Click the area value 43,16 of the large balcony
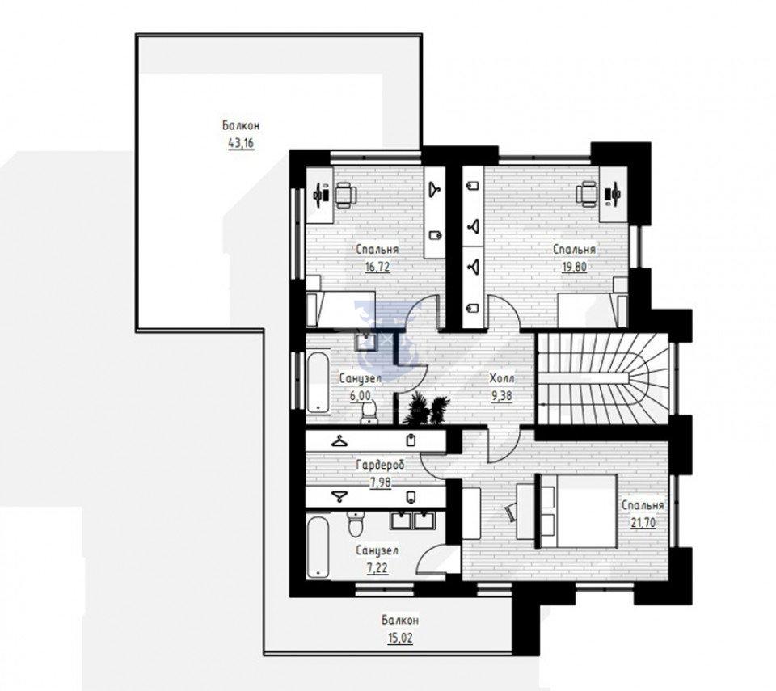(x=241, y=144)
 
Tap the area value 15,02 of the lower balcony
(x=400, y=638)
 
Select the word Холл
(x=502, y=378)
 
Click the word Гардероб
(x=380, y=464)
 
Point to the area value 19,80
(x=574, y=268)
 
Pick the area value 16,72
(x=377, y=268)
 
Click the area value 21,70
(x=643, y=523)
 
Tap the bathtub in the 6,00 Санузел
(x=318, y=381)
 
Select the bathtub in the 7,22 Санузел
(x=318, y=547)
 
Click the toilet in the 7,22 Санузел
(x=356, y=525)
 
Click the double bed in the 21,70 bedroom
(x=576, y=511)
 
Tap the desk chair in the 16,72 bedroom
(x=345, y=194)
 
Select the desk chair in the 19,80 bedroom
(x=588, y=193)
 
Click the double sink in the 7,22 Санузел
(x=413, y=520)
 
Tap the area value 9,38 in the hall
(x=502, y=396)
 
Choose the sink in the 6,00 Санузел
(x=365, y=340)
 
